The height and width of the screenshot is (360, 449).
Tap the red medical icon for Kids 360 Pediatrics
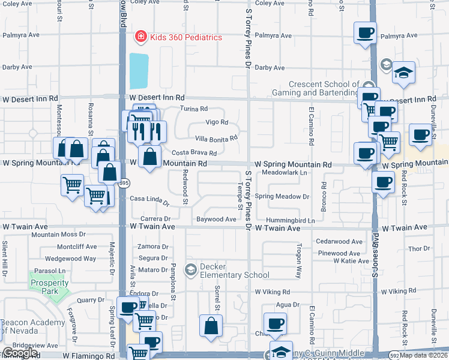pos(140,37)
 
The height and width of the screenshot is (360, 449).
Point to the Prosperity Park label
pos(46,287)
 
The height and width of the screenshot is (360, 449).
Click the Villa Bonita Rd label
pos(216,137)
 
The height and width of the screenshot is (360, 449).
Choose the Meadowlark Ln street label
pos(288,172)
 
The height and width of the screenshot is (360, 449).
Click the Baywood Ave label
pos(216,220)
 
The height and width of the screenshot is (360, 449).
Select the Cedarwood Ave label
pos(339,242)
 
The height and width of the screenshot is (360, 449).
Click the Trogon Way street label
pos(298,260)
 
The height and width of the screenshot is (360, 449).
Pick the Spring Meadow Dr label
pos(282,196)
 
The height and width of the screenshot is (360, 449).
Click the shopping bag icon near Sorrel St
pos(211,326)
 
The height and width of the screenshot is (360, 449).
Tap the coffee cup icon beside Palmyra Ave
pos(365,33)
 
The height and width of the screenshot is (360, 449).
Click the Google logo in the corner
pos(20,353)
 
